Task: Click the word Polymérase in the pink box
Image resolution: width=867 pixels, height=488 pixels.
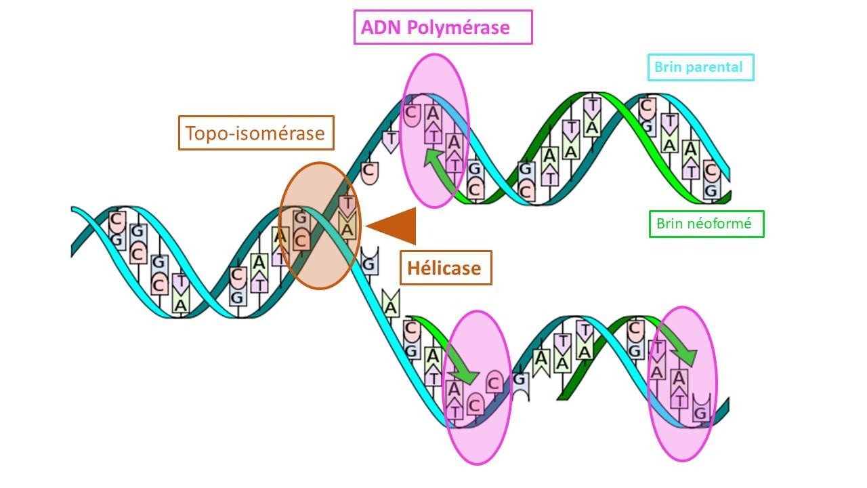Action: [459, 28]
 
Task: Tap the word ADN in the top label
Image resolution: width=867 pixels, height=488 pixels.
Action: [381, 28]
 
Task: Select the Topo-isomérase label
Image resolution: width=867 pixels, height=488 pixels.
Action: [256, 133]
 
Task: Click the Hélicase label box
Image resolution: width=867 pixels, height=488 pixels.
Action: [446, 268]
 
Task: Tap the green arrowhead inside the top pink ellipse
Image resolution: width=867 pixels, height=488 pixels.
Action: [433, 158]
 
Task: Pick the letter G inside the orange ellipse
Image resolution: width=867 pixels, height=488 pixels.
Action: [300, 218]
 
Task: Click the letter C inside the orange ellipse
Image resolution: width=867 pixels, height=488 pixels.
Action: [301, 241]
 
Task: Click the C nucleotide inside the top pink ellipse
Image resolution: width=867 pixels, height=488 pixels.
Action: [411, 113]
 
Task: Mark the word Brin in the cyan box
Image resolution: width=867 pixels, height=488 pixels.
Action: [667, 67]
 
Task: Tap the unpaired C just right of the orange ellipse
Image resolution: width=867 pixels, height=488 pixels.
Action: [369, 171]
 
